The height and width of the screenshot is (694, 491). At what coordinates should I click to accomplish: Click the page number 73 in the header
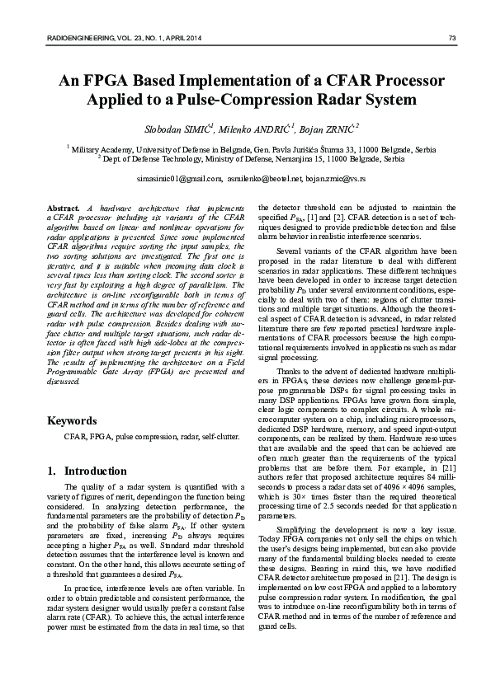tap(451, 38)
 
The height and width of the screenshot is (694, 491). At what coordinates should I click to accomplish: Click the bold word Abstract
tap(64, 207)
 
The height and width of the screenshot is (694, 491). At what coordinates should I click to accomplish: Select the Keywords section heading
tap(73, 421)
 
